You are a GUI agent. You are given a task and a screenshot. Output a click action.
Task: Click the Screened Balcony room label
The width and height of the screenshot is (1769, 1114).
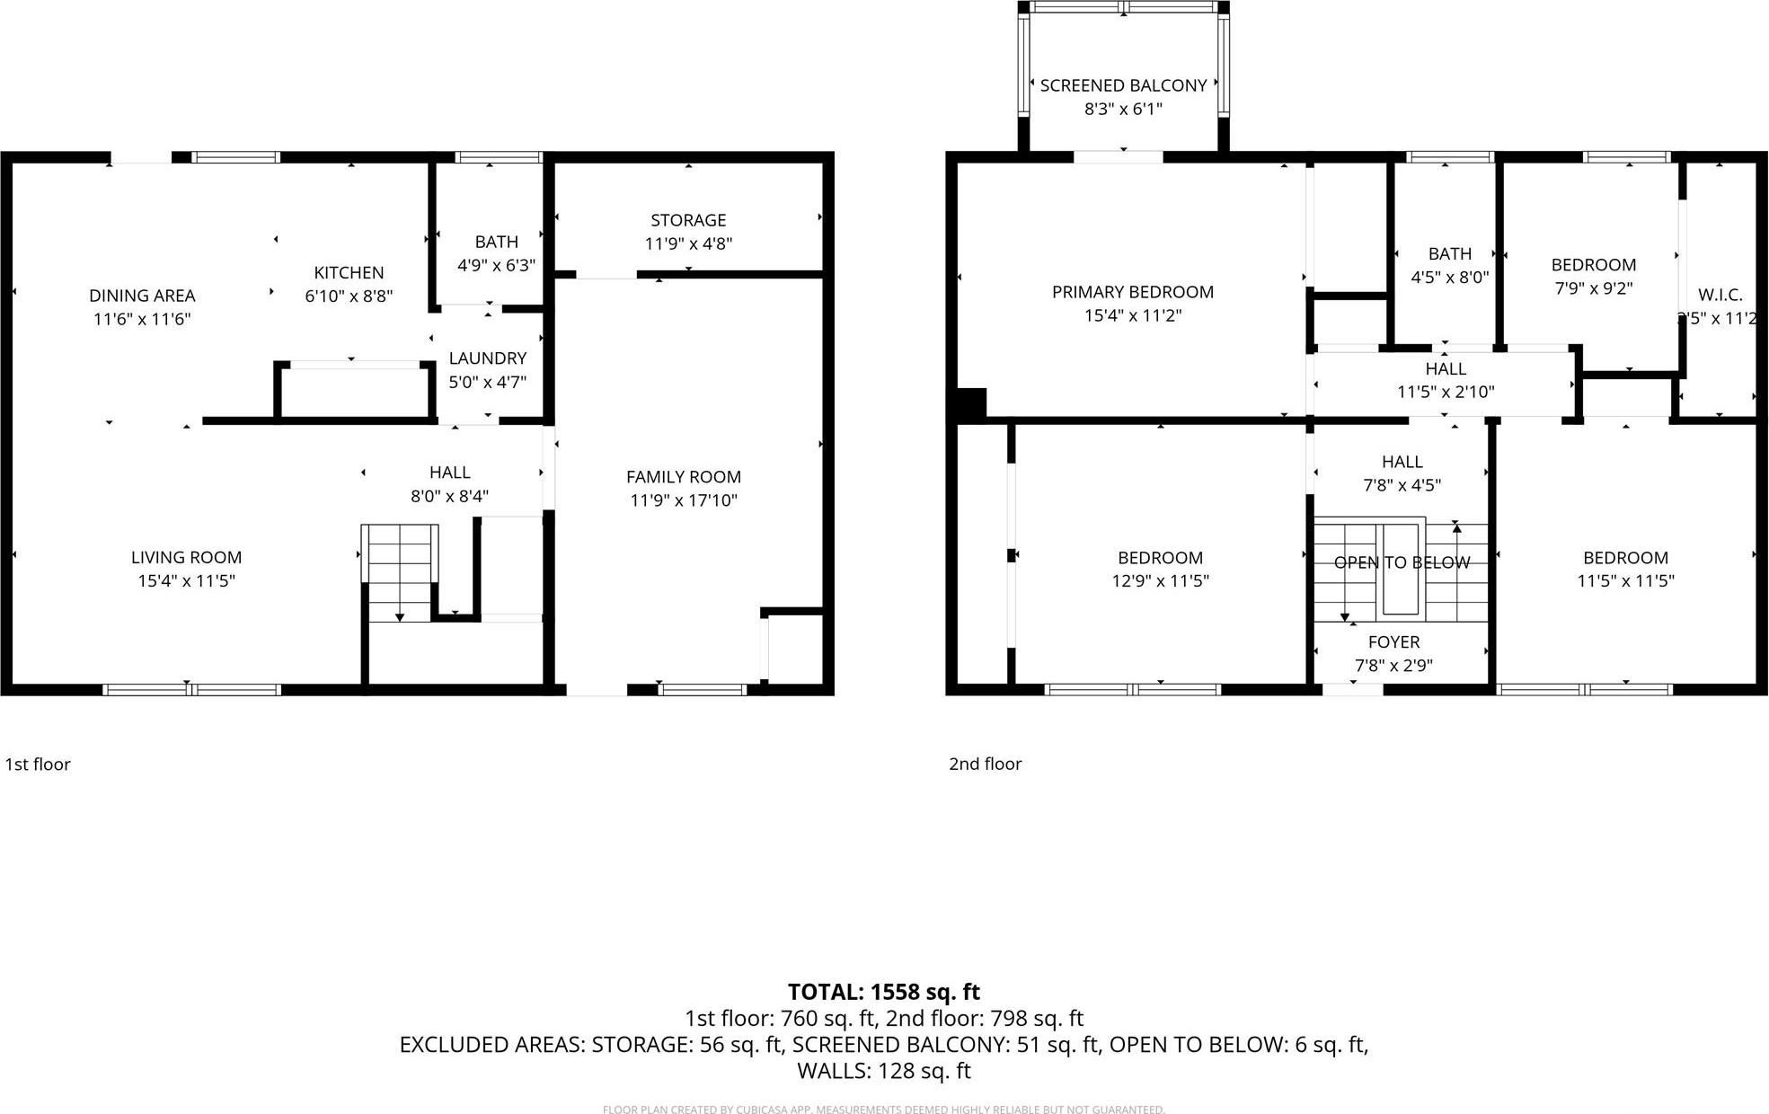1123,86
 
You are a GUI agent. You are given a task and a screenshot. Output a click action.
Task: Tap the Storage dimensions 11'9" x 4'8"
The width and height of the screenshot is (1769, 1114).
688,243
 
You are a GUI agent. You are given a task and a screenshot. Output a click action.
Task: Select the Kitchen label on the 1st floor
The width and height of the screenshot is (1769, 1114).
349,273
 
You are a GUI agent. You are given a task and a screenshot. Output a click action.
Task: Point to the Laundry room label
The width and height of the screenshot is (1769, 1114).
487,358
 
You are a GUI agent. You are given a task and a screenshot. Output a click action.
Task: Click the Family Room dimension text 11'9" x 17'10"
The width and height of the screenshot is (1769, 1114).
683,500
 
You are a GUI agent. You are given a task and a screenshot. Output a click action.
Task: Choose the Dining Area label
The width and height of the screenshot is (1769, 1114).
142,296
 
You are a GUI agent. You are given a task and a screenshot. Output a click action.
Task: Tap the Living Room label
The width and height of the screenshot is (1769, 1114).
186,558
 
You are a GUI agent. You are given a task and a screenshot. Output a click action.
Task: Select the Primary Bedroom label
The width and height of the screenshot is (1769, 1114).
1132,292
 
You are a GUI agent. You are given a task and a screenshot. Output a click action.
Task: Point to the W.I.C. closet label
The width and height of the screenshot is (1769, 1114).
1720,295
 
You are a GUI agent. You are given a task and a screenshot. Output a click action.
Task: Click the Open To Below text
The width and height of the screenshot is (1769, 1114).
1402,563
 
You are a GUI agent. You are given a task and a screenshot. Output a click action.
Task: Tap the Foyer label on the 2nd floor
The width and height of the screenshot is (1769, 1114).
1393,642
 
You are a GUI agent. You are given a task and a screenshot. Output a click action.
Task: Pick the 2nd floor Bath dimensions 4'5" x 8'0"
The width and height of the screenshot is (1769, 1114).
1449,278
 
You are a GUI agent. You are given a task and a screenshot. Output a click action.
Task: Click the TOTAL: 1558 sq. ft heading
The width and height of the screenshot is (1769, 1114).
883,992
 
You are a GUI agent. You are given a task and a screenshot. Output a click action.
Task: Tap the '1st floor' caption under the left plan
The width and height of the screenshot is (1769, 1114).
38,765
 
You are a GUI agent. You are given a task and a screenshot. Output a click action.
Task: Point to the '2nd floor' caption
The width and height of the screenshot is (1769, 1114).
985,764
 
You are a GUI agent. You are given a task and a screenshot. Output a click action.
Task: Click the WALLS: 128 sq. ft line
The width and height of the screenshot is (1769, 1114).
883,1071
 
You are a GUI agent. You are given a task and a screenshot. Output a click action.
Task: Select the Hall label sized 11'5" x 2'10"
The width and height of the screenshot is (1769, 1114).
1445,369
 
